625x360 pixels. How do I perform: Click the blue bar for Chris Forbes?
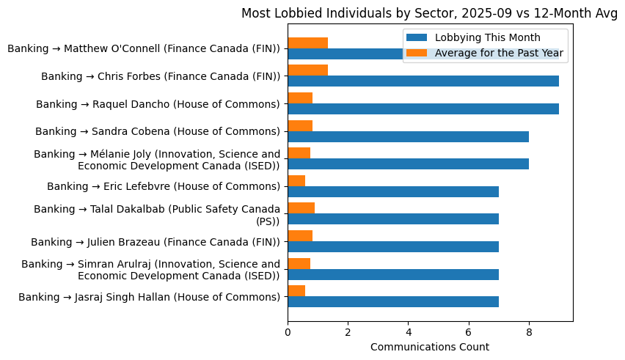point(423,81)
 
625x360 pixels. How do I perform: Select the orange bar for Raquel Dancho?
point(300,98)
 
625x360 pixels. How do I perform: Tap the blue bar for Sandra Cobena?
point(408,136)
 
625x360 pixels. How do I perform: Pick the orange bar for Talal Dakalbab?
point(301,208)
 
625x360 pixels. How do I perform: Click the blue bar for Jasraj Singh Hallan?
point(392,301)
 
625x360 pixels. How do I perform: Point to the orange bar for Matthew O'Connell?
point(307,43)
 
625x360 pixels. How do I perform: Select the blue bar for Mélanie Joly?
point(408,164)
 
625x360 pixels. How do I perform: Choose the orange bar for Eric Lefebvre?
point(296,180)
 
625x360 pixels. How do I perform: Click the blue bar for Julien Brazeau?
point(392,246)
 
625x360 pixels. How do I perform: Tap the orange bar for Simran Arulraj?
point(299,263)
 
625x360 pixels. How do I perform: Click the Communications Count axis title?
point(430,347)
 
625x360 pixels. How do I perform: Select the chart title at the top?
point(430,13)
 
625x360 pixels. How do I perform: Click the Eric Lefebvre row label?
point(164,187)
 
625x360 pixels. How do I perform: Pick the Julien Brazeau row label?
point(156,242)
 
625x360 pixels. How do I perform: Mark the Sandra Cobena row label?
point(158,132)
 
